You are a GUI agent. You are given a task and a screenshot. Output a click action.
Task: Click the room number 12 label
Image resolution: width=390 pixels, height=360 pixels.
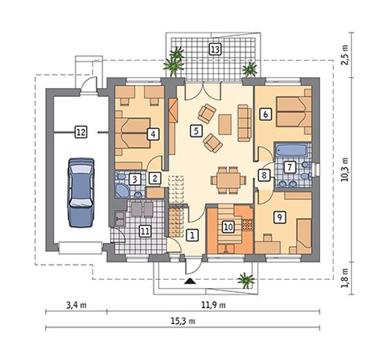point(81,132)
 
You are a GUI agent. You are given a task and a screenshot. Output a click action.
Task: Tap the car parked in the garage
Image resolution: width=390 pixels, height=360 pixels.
point(81,192)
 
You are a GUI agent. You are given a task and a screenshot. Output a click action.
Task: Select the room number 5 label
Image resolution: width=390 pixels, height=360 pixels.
point(196,131)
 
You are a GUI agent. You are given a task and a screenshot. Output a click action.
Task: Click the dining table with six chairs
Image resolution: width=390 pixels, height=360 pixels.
point(229,180)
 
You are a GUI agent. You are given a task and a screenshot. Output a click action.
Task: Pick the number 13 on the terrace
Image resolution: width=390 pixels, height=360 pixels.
point(215,49)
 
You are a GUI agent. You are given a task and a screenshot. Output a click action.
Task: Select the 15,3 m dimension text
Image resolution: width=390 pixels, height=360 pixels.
point(183,321)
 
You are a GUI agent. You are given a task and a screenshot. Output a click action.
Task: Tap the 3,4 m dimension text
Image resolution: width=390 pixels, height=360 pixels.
point(76,305)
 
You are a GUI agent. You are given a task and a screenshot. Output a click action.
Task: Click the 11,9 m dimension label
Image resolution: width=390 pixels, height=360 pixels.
point(213,305)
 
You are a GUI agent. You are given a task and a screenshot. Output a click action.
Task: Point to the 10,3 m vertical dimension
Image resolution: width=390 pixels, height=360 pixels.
point(345,170)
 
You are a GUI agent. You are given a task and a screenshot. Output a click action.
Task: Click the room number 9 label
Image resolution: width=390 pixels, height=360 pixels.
point(280,217)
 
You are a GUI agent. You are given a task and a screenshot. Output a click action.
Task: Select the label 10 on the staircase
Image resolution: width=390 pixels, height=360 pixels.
point(228,227)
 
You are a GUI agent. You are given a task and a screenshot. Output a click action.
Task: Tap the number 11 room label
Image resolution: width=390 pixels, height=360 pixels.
point(145,231)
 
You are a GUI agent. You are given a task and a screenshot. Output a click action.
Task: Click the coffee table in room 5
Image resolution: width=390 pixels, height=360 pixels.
point(225,125)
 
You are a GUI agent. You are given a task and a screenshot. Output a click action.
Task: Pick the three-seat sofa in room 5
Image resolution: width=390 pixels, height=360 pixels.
point(245,123)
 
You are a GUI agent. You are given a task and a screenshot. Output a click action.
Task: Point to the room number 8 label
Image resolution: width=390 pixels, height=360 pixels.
point(264,175)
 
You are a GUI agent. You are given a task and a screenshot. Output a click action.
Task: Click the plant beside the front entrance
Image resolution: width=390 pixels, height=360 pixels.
point(246,280)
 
